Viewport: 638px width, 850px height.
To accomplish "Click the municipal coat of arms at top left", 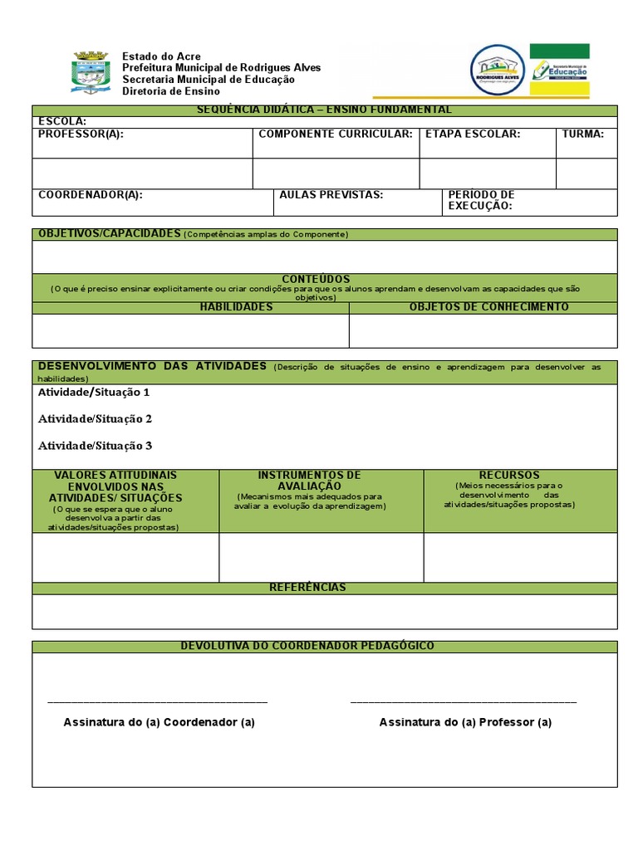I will point(91,72).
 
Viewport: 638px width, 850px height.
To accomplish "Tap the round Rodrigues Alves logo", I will point(497,70).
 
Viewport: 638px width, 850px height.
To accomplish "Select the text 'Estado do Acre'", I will point(161,56).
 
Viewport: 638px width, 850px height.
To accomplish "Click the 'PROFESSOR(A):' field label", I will point(81,134).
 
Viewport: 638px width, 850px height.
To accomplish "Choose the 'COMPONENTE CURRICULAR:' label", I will point(336,134).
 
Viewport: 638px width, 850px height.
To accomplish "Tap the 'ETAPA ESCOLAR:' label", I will point(472,134).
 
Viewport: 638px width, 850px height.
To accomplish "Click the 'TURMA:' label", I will point(583,134).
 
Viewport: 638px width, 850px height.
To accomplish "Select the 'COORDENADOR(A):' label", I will point(91,195).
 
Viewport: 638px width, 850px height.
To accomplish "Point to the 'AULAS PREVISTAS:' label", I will point(331,195).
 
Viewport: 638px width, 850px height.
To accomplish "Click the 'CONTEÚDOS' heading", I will point(316,279).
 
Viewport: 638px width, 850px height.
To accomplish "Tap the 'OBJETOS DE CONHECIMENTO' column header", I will point(488,307).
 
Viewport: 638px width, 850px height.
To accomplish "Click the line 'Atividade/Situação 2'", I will point(95,418).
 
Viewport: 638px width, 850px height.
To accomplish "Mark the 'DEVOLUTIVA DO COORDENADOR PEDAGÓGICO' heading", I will point(307,646).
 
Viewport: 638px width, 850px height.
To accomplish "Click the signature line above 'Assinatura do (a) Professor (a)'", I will point(464,703).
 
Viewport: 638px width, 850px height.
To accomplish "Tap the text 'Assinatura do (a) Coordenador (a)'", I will point(159,722).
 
